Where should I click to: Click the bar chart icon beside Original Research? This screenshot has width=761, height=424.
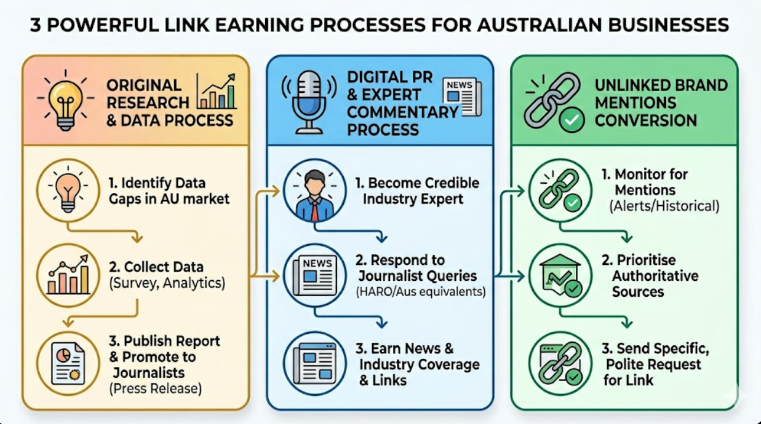point(216,92)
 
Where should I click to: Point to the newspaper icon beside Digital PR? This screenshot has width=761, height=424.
point(462,96)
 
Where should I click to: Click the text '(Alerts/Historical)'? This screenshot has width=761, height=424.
point(664,206)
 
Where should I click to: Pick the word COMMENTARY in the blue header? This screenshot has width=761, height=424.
point(403,112)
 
